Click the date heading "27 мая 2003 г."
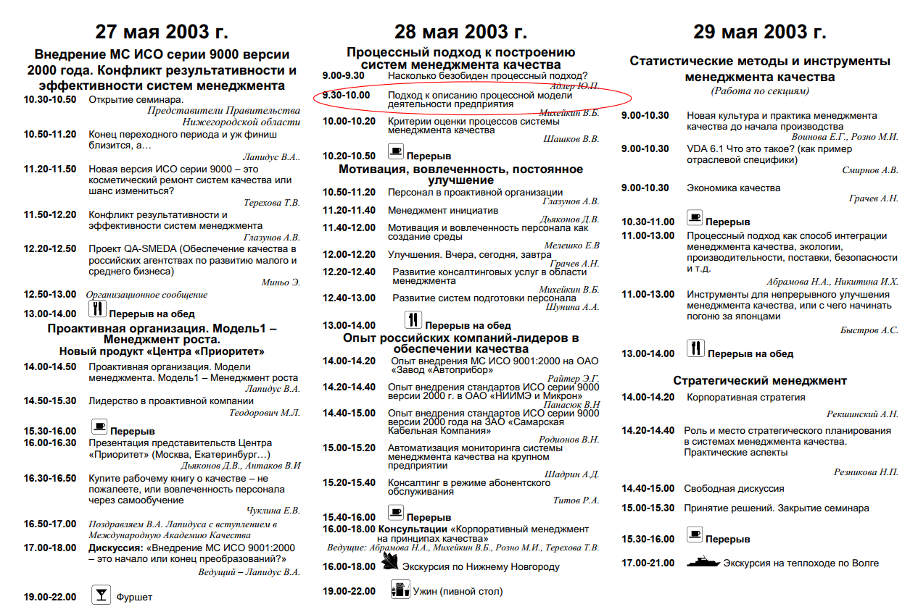(x=162, y=32)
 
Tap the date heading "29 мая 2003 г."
(x=759, y=32)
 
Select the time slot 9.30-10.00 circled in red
(x=346, y=95)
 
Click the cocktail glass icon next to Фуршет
(x=101, y=595)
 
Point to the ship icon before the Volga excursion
(x=702, y=562)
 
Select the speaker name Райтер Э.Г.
(x=574, y=378)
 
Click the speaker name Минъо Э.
(x=281, y=282)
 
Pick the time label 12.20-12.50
(x=49, y=248)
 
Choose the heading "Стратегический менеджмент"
(x=759, y=380)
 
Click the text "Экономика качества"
(x=733, y=188)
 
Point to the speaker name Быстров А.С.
(x=869, y=330)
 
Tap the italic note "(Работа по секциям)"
(x=759, y=91)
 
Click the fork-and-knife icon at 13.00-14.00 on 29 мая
(x=695, y=348)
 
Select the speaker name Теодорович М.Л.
(x=264, y=413)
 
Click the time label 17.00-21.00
(x=648, y=563)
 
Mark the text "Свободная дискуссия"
(x=734, y=489)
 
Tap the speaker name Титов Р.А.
(x=576, y=500)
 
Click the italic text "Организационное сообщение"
(x=146, y=295)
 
